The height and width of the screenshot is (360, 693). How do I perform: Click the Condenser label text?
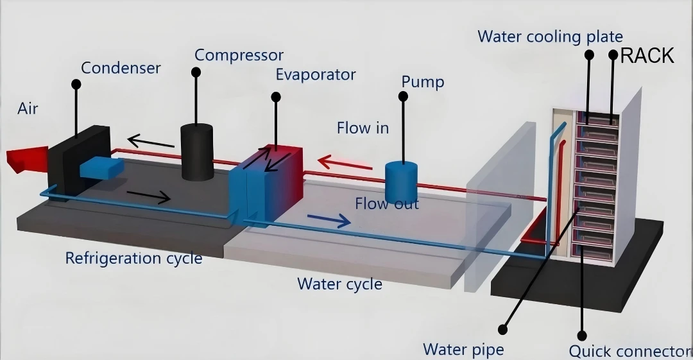point(121,68)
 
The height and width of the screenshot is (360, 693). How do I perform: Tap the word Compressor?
point(239,55)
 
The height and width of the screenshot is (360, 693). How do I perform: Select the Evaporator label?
point(316,74)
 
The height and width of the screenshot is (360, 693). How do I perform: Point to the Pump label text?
point(422,82)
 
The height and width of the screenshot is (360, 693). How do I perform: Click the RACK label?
point(647,56)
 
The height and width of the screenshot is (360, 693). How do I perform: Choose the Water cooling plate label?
point(551,37)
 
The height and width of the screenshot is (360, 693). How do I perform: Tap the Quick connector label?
point(629,351)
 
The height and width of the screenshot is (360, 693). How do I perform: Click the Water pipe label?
point(463,349)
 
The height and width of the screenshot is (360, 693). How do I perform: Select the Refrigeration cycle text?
point(134,258)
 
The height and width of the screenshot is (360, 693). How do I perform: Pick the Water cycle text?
point(339,284)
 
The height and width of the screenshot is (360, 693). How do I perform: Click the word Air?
point(28,109)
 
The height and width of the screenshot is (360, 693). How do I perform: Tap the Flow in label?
point(363,128)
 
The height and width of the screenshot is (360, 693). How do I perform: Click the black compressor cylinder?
point(197,152)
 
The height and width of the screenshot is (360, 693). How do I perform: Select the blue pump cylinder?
point(401,182)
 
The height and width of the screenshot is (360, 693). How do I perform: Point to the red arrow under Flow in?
point(345,163)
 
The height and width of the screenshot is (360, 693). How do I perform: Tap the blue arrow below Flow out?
point(329,220)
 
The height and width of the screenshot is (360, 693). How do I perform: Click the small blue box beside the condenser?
point(101,168)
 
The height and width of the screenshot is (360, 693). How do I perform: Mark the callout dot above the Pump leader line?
point(403,96)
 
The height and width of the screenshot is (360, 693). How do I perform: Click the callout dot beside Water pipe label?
point(502,329)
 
